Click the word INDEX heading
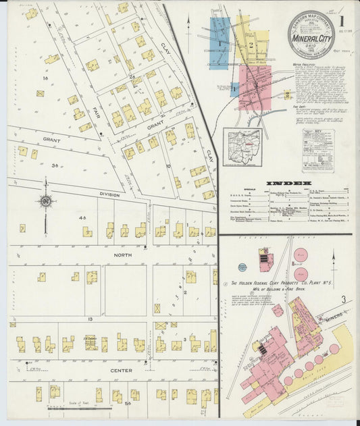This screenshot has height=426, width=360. point(288,183)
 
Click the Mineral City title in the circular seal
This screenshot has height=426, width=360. point(311,39)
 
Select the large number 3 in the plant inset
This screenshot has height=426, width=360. point(342,298)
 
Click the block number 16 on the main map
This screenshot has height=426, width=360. point(45,78)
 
